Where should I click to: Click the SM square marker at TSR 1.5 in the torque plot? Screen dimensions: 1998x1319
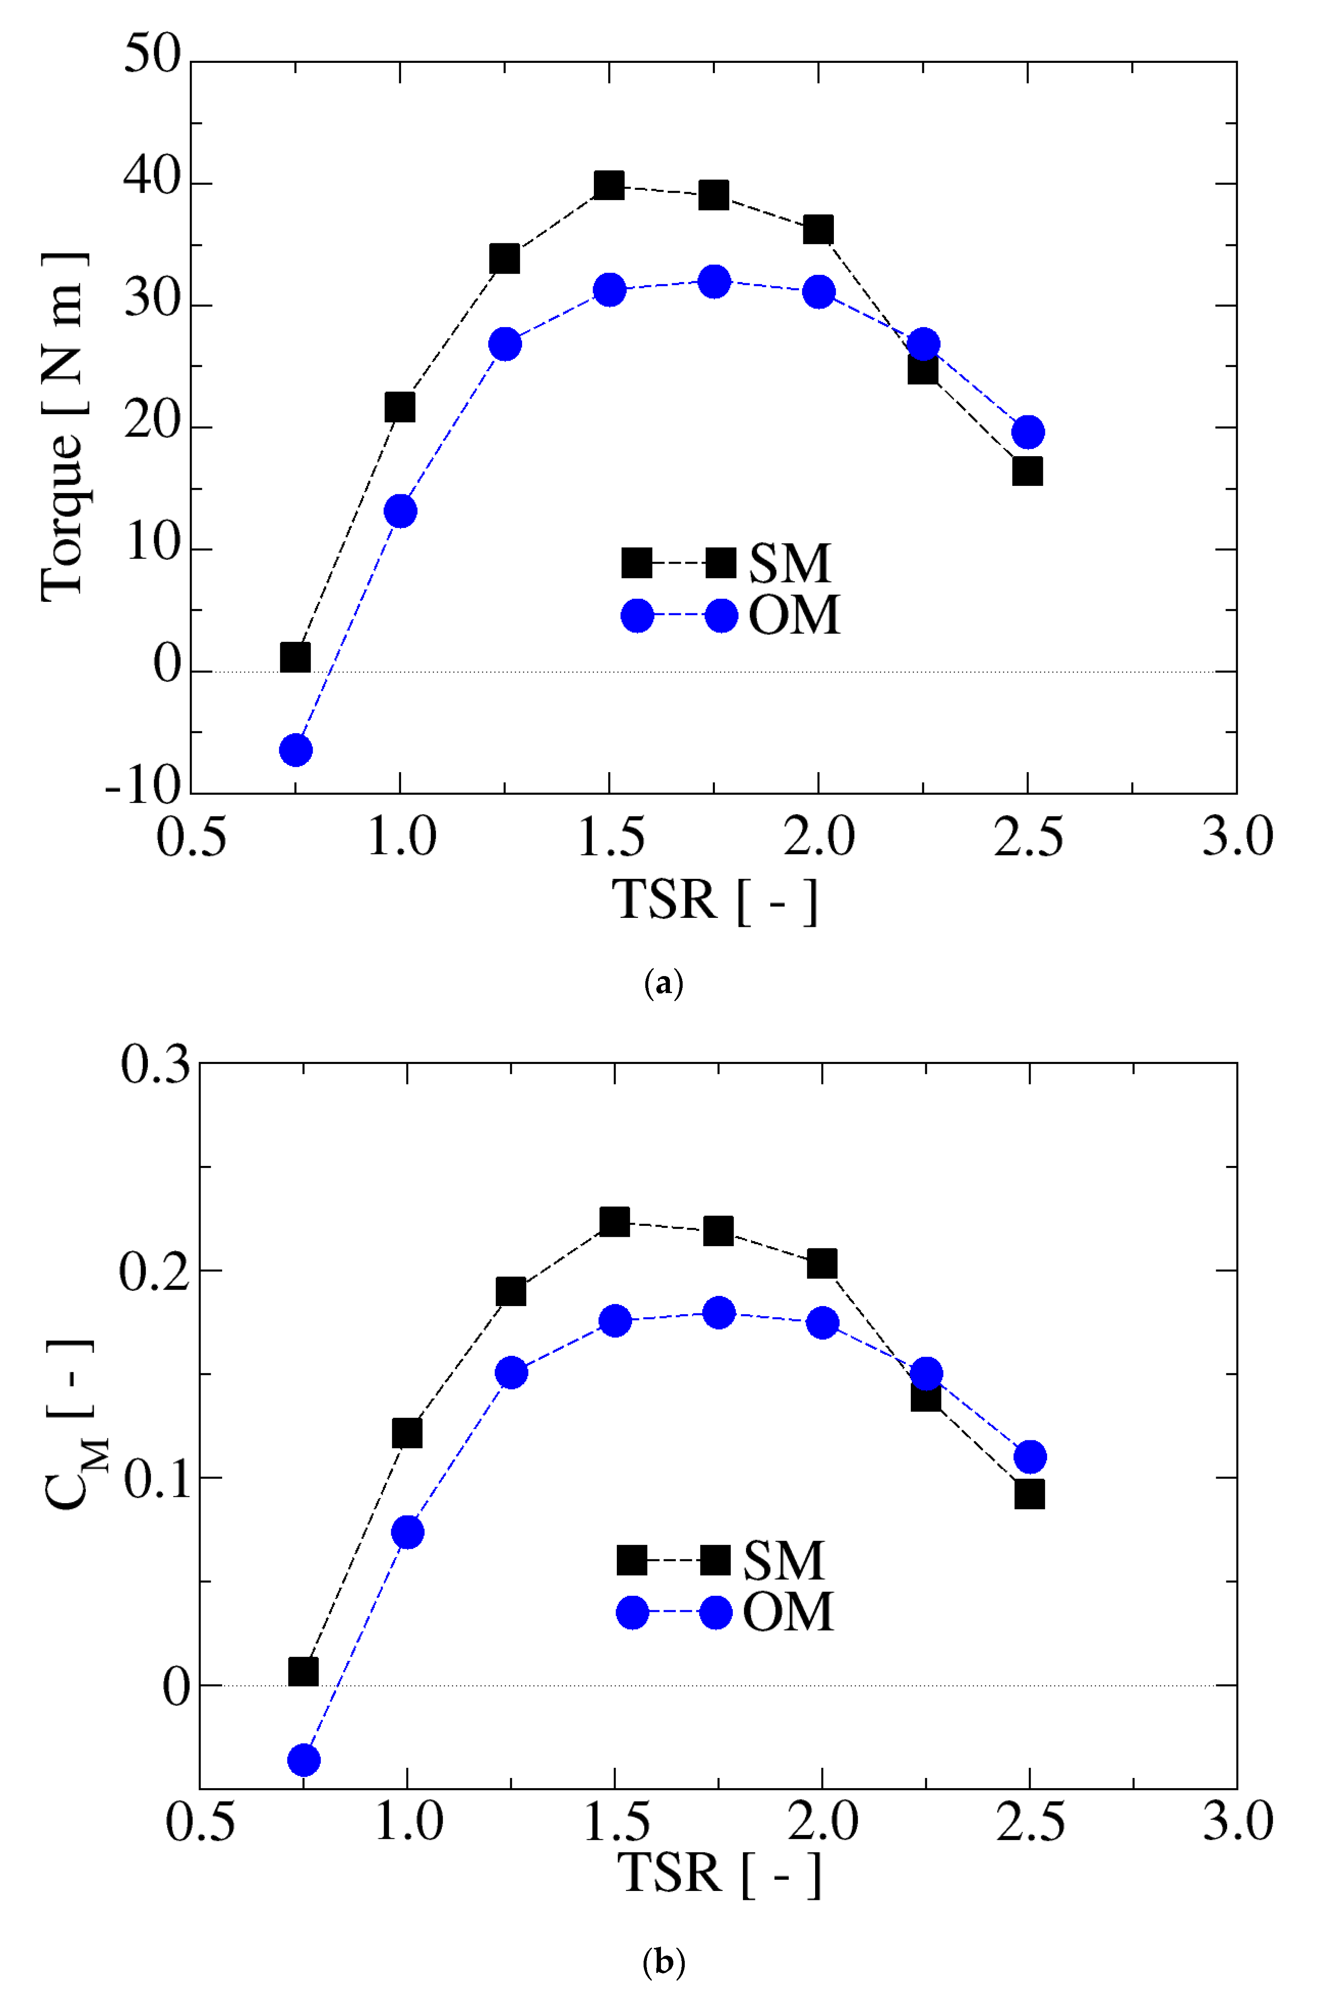click(x=609, y=185)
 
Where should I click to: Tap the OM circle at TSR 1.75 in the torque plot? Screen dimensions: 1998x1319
click(x=714, y=281)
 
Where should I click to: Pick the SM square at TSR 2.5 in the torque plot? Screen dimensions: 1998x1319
click(x=1027, y=471)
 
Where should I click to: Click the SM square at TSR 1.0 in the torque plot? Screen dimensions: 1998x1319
click(x=400, y=407)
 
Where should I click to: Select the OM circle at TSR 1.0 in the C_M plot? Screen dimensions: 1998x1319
click(x=407, y=1532)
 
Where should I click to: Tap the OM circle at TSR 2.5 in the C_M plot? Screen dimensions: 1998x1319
click(x=1030, y=1456)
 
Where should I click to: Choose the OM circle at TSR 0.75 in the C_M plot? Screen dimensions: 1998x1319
click(x=304, y=1760)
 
